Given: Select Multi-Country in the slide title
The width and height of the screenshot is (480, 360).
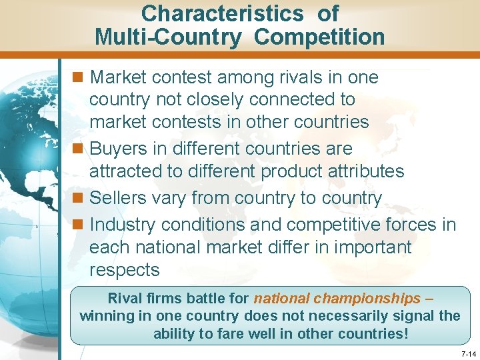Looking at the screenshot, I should point(168,37).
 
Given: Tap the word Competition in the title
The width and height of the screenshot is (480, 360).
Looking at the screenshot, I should point(319,37).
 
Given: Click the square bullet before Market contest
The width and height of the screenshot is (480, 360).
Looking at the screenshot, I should point(79,77).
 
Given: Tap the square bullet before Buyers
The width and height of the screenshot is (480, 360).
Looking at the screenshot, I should point(79,149).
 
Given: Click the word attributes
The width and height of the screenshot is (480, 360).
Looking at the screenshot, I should point(364,171).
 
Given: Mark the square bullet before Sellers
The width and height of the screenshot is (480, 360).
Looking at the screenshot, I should point(79,199).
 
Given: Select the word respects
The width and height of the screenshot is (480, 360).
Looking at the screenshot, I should point(124,270).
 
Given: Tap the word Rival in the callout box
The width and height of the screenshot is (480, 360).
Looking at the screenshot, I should point(125,299).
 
